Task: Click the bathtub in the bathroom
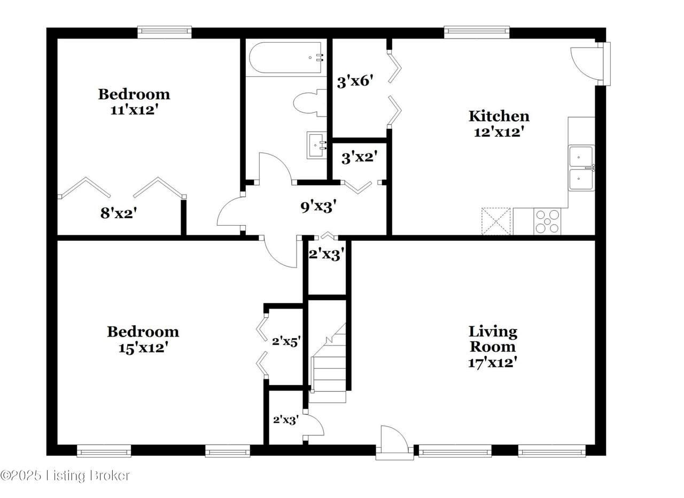tap(286, 58)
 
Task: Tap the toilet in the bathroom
tap(309, 103)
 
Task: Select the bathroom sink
tap(317, 145)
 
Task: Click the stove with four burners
tap(547, 221)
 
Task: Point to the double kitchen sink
tap(581, 168)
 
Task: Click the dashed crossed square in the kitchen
tap(496, 221)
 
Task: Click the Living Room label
tap(493, 339)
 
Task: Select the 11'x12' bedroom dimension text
tap(135, 110)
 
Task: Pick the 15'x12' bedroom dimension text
tap(143, 348)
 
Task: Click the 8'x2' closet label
tap(119, 213)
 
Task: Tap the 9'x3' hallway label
tap(318, 206)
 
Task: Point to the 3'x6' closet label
tap(355, 81)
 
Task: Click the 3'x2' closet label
tap(360, 157)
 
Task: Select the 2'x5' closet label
tap(286, 341)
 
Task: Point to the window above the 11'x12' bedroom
tap(164, 32)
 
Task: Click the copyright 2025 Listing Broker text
tap(65, 476)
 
